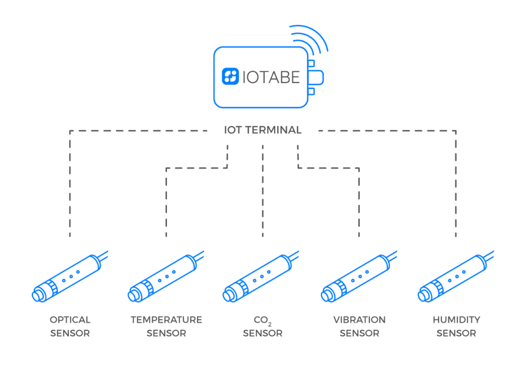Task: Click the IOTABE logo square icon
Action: point(231,77)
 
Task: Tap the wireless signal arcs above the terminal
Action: point(309,40)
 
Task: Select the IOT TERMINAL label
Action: point(263,130)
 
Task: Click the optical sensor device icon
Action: point(69,278)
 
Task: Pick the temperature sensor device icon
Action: point(164,278)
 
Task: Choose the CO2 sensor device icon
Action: point(260,278)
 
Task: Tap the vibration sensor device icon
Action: point(358,278)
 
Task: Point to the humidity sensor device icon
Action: point(455,278)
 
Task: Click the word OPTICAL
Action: point(70,320)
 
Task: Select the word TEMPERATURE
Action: point(166,320)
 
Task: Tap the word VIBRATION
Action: point(359,320)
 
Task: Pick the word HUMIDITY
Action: point(456,320)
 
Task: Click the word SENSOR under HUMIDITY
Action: point(456,333)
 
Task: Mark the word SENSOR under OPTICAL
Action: point(70,333)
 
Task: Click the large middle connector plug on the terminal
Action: point(317,77)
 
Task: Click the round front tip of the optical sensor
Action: point(39,295)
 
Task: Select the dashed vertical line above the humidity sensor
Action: point(455,189)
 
